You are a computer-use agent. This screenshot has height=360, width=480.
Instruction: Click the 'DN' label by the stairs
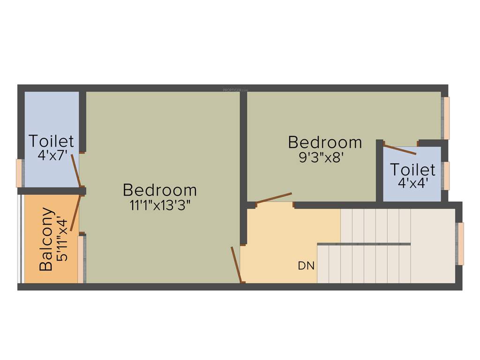306,266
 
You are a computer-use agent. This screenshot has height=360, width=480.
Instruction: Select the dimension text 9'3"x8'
325,157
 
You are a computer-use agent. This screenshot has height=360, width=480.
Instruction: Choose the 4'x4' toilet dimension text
412,182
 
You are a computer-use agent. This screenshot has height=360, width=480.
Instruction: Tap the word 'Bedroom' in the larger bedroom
160,190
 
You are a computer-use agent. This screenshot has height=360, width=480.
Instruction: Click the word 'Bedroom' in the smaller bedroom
325,142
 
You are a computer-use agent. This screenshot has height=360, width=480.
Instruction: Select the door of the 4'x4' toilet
399,150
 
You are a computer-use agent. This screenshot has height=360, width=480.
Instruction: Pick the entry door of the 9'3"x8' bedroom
274,198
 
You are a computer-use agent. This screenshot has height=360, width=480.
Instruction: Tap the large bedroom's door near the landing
236,265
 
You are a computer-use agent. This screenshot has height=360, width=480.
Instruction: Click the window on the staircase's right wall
460,244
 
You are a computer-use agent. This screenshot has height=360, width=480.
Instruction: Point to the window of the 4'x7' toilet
19,173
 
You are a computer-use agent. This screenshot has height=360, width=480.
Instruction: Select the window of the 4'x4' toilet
446,175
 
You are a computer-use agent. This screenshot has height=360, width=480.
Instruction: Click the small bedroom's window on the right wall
446,118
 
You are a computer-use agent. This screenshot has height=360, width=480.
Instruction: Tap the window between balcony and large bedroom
81,259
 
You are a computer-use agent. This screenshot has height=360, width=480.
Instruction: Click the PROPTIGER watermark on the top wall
235,88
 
